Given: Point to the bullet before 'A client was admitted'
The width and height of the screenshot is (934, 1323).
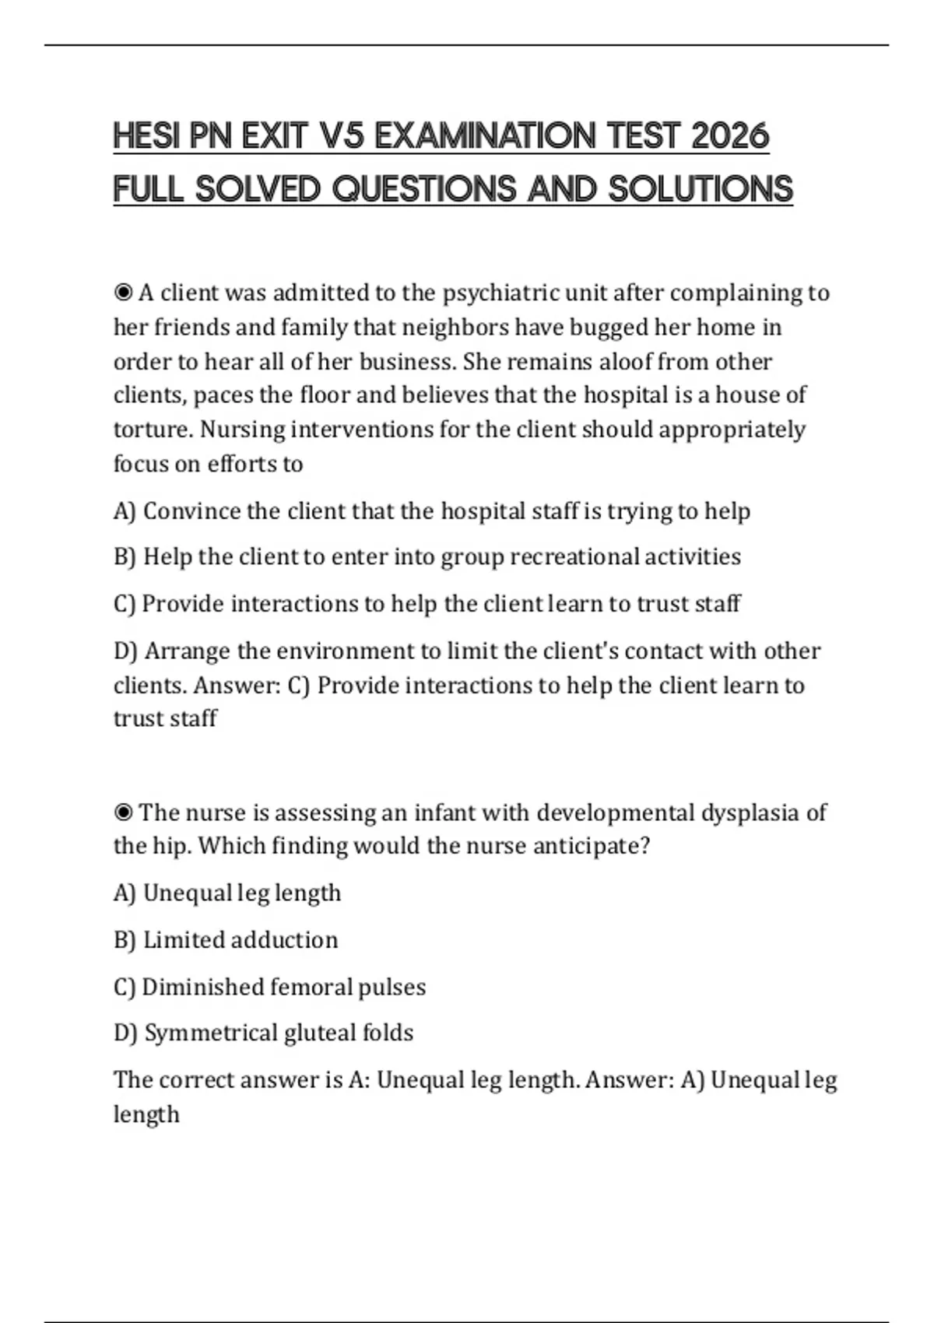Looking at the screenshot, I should coord(123,293).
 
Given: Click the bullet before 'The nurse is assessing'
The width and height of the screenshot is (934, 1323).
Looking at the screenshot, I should coord(123,812).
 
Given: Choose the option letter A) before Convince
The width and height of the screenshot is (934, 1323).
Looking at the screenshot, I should coord(125,511).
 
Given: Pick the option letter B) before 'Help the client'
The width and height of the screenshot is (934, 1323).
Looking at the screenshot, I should coord(125,557).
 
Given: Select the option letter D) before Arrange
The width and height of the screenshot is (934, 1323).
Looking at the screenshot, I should coord(125,651).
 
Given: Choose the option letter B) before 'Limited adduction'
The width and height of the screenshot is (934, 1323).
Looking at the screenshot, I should coord(125,940).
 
